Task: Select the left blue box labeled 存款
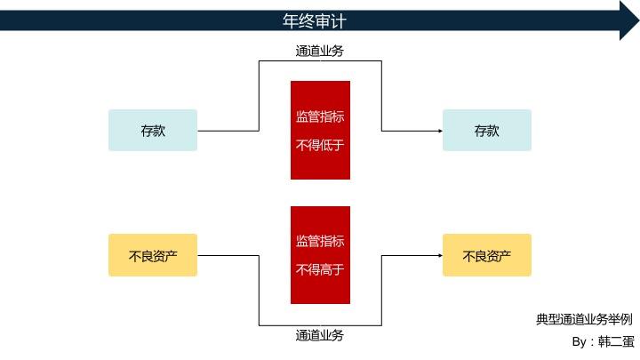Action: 153,131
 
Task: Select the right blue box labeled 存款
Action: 486,131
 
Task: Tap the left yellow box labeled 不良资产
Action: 153,256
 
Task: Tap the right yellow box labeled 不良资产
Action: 486,256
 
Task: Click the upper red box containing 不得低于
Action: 320,131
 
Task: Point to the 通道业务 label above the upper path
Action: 320,51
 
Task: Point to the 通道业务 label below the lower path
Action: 320,336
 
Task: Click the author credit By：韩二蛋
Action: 604,342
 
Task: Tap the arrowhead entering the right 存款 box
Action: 439,131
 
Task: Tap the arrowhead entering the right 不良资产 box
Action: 439,256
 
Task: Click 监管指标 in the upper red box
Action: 320,116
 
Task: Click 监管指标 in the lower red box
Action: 320,242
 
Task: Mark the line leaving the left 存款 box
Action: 228,131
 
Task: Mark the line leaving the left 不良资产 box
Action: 228,256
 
